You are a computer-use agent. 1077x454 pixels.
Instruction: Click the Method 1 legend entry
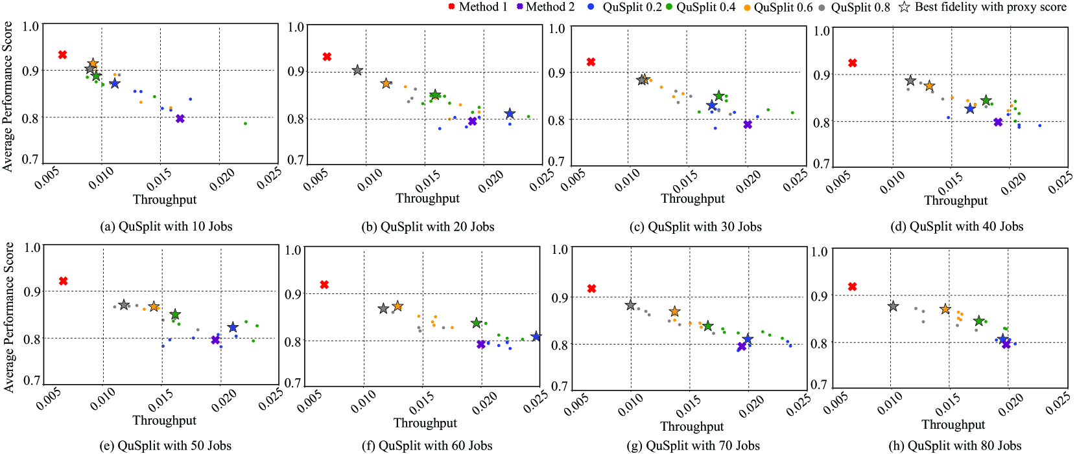478,7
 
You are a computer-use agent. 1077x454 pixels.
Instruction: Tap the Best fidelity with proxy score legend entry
982,7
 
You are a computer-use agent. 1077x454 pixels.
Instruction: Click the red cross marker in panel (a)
62,55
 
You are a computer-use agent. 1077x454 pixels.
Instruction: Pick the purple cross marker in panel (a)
180,119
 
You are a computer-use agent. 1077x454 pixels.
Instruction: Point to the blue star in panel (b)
510,114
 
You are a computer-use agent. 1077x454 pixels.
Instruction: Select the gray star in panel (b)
357,70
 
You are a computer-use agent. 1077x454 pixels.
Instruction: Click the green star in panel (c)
718,96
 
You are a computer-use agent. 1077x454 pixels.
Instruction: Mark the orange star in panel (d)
929,86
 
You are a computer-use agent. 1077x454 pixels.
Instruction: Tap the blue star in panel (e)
233,327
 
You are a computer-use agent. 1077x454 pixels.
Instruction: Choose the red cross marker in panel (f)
324,285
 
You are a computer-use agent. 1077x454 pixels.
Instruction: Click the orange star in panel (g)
674,312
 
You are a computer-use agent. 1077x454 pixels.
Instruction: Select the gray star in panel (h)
893,306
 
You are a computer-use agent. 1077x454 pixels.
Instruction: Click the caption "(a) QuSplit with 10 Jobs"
166,227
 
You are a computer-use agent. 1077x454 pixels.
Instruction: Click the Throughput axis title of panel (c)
692,199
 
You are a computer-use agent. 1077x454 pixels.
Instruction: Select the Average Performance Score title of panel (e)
9,317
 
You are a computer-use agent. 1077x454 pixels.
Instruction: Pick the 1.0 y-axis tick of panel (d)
822,30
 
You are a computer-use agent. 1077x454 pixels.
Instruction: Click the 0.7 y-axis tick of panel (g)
560,387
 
